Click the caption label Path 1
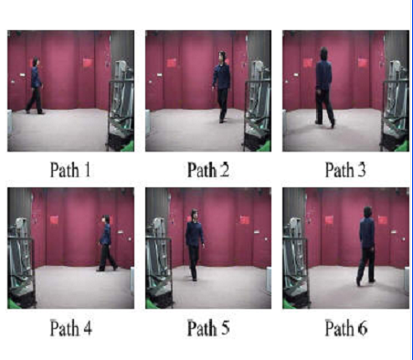coord(70,170)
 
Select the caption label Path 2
coord(208,170)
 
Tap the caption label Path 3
coord(345,170)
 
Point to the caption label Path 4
coord(70,328)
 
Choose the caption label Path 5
coord(208,328)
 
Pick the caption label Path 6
coord(346,328)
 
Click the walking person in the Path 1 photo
coord(35,86)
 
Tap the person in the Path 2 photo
coord(221,87)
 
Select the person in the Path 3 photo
coord(324,88)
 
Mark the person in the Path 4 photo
coord(107,243)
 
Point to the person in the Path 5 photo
coord(195,244)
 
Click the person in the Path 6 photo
coord(366,246)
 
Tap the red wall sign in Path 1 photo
coord(88,63)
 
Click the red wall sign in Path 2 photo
coord(172,63)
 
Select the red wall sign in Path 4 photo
coord(54,220)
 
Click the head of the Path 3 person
coord(323,53)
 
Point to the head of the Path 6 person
coord(367,212)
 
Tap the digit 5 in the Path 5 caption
coord(225,328)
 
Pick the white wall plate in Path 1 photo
coord(23,75)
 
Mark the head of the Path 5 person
coord(194,214)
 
